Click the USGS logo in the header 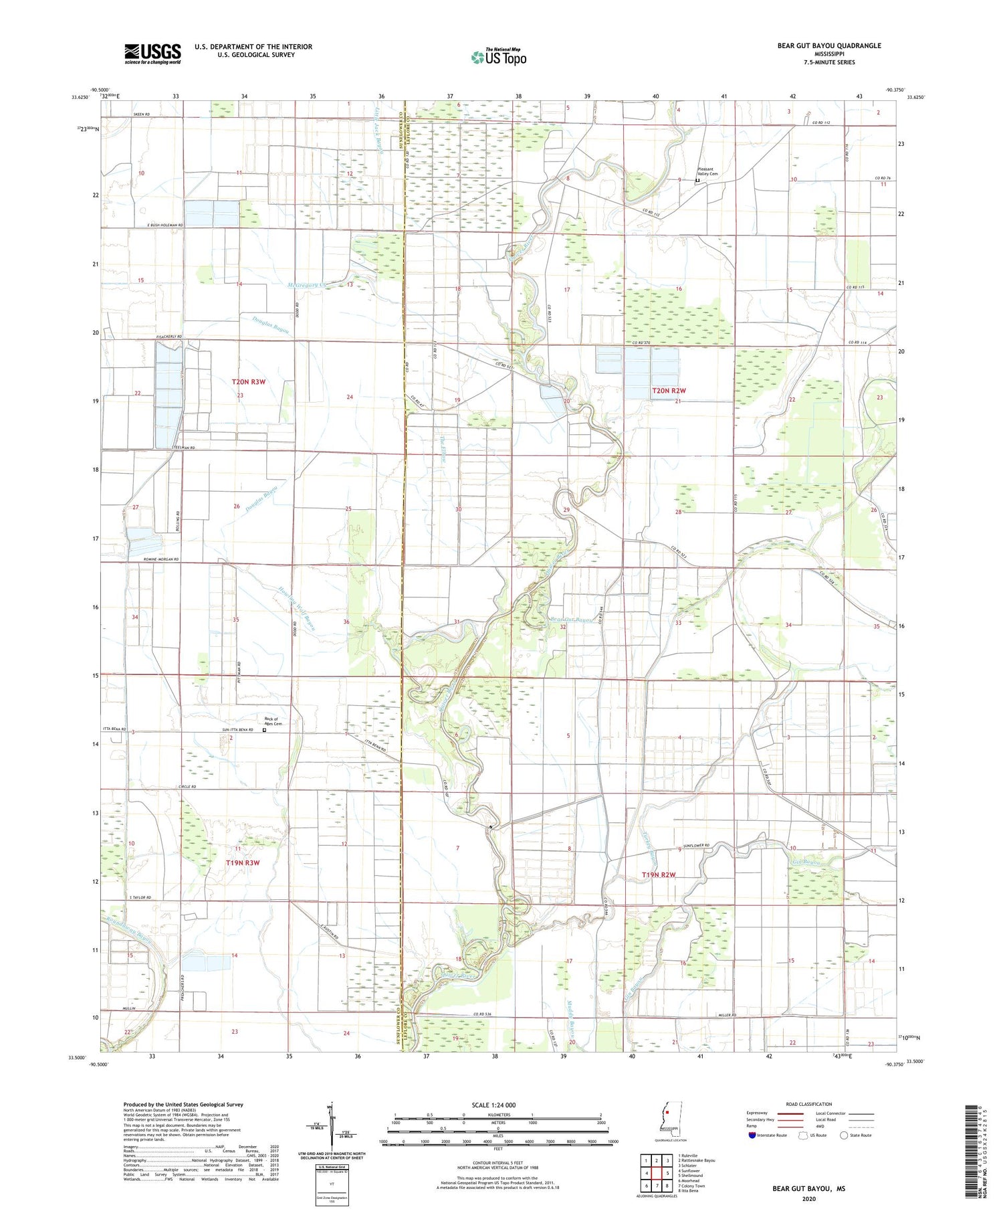(152, 54)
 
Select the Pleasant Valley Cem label (707, 171)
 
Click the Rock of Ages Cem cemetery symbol (263, 731)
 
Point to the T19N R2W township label (659, 875)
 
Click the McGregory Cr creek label (307, 286)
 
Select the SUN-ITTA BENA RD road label (233, 730)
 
